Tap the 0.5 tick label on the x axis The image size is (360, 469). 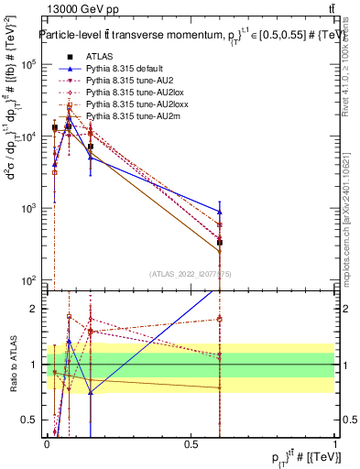tap(191, 444)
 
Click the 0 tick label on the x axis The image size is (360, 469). tap(47, 444)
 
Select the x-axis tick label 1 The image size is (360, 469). tap(335, 444)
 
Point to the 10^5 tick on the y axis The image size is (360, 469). tap(27, 64)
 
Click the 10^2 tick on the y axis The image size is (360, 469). tap(27, 280)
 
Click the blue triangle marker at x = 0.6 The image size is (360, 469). tap(220, 212)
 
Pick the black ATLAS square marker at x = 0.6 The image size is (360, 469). tap(220, 243)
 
